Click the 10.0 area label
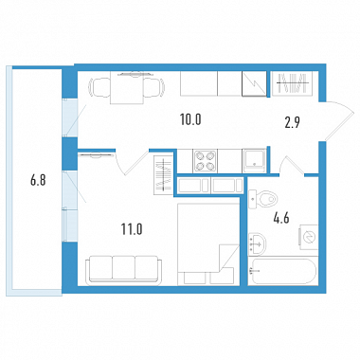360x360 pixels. coord(190,119)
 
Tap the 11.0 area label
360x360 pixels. coord(132,229)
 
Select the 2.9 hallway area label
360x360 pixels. coord(292,122)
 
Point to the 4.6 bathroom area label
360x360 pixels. coord(281,218)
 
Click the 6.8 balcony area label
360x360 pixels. coord(38,181)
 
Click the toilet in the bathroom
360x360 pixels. coord(263,199)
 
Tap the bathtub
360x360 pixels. coord(282,272)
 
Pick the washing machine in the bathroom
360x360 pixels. coord(309,237)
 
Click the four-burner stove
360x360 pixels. coord(205,161)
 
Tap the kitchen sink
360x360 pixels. coord(254,161)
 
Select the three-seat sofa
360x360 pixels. coord(124,268)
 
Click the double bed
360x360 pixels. coord(208,244)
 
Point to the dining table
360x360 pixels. coord(127,87)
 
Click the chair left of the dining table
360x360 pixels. coord(100,87)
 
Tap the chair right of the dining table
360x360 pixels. coord(153,87)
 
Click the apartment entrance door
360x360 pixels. coord(339,121)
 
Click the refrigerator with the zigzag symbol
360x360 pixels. coord(254,83)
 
